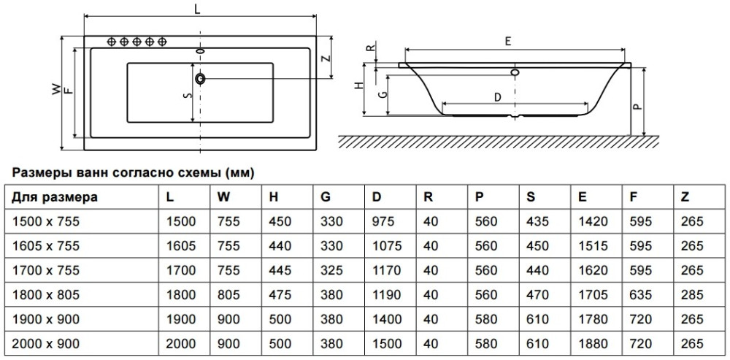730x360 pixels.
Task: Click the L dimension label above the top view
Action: click(199, 8)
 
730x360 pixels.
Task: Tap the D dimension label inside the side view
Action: click(496, 96)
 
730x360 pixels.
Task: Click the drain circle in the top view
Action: click(201, 77)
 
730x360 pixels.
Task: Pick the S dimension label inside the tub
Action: click(187, 96)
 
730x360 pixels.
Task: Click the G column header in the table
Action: click(326, 196)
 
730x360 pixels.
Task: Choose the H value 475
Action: click(280, 294)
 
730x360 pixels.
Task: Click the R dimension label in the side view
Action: click(372, 51)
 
